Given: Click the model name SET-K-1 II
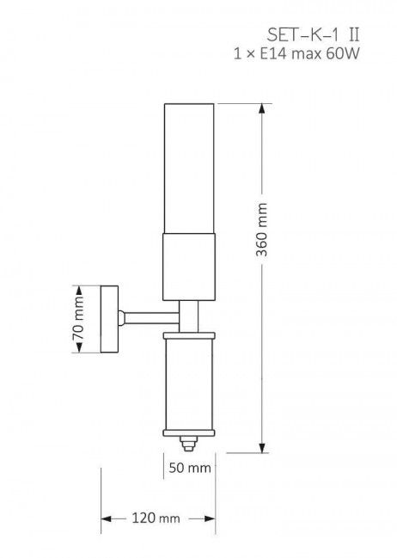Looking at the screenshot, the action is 313,35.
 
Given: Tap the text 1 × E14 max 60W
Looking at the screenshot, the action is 296,53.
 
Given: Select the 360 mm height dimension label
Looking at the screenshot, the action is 262,230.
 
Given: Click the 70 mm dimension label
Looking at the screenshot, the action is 78,318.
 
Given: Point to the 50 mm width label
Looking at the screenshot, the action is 190,468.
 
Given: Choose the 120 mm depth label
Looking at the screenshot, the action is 156,518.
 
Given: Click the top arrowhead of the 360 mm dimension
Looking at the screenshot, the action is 262,108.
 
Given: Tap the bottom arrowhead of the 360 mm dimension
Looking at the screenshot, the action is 262,448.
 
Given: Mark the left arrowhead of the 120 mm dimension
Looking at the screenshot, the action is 107,518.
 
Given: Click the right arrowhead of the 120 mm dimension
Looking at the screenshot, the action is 210,518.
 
